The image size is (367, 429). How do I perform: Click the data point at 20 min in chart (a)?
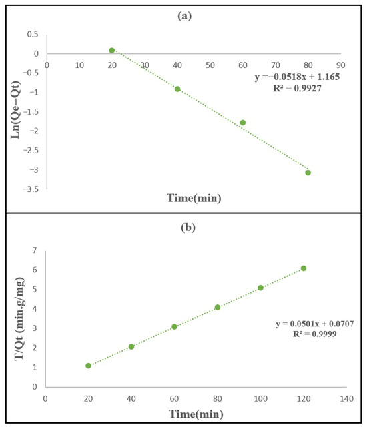coord(112,50)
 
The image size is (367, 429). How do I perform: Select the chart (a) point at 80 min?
coord(308,173)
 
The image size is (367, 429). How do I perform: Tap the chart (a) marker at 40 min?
coord(177,89)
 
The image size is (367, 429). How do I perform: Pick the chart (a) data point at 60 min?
coord(243,123)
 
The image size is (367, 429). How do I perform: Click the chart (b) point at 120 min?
coord(304,268)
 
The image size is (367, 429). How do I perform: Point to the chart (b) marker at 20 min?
coord(88,366)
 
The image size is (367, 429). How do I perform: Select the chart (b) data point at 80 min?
coord(218,308)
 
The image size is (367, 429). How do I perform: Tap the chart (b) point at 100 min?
coord(260,288)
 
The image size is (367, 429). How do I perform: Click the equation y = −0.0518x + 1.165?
coord(297,77)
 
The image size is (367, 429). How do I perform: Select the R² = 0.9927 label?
coord(297,88)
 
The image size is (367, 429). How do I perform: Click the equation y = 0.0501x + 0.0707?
coord(315,324)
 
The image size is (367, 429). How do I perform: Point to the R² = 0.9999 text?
coord(315,334)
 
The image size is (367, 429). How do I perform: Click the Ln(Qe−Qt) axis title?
coord(15,110)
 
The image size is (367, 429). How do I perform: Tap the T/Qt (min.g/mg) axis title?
coord(20,318)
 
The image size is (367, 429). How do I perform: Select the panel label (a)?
coord(184,16)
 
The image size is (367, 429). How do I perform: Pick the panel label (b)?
coord(188,228)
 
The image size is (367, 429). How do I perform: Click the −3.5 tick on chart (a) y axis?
coord(31,189)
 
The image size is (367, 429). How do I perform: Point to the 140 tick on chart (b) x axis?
coord(347,398)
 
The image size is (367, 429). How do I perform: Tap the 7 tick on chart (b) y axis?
coord(35,250)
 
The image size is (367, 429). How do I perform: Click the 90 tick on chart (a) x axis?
coord(341,65)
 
